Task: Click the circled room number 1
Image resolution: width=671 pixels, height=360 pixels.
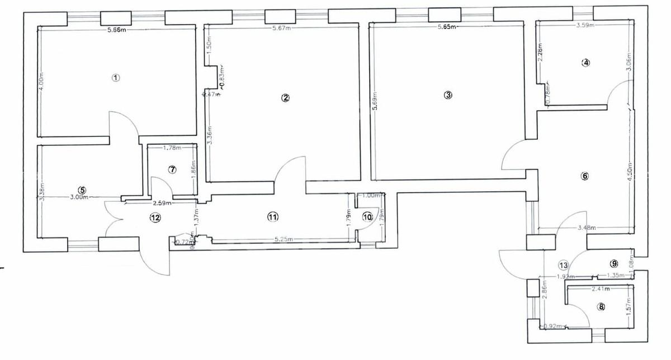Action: point(116,78)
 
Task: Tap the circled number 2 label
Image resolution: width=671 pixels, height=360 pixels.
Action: point(285,98)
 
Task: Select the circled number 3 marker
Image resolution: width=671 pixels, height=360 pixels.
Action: point(447,95)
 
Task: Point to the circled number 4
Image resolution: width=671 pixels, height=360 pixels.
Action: point(585,63)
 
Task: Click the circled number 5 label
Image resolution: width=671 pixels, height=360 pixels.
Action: point(83,190)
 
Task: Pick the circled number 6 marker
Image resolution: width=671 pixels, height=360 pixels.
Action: point(585,176)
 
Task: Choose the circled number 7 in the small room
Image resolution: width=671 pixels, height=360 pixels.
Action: point(172,169)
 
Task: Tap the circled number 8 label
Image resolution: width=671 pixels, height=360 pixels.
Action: point(601,306)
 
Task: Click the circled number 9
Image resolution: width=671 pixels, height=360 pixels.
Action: point(613,263)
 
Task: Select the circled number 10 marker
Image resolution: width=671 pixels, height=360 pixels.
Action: point(367,217)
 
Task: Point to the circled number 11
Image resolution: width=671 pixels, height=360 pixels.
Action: point(272,217)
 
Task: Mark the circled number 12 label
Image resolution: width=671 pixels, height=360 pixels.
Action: point(155,217)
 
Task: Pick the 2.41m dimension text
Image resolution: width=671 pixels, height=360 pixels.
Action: point(601,289)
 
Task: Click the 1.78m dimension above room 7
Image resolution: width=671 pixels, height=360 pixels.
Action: point(172,148)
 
